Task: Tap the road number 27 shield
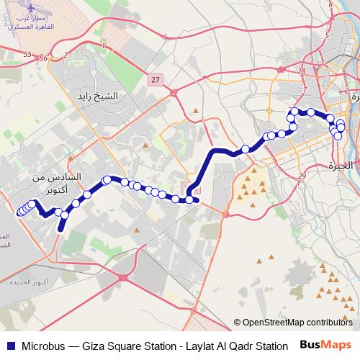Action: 156,80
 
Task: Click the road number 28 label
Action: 301,71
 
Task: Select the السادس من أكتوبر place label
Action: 58,182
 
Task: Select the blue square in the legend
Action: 10,346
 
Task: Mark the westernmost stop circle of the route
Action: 19,212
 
